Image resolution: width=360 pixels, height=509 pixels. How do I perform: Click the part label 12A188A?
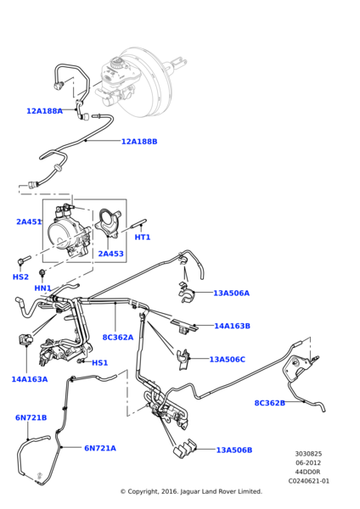point(44,111)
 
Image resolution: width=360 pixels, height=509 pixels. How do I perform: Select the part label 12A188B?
point(139,142)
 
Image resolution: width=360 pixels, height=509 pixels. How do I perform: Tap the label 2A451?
point(29,222)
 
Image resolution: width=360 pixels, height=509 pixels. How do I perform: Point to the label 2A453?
point(110,254)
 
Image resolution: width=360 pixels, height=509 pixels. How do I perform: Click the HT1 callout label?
point(142,238)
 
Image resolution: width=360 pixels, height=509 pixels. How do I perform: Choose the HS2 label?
point(20,277)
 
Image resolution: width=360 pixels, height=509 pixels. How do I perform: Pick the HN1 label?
point(42,288)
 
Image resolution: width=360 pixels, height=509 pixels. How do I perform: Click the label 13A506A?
point(231,294)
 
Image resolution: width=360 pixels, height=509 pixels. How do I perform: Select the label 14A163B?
point(232,326)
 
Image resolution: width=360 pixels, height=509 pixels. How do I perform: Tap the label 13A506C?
point(227,360)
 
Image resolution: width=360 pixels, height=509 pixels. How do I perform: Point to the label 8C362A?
point(118,337)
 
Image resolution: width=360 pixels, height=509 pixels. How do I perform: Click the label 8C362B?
point(270,403)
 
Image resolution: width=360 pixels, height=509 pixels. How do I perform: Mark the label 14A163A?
point(30,379)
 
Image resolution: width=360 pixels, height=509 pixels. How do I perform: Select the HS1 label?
point(100,363)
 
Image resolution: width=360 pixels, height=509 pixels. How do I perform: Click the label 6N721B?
point(31,417)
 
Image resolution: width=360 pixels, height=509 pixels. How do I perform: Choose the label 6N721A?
point(100,448)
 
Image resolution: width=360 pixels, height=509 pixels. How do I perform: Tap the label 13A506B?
point(234,450)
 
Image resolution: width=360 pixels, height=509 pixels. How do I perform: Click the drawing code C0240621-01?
point(308,481)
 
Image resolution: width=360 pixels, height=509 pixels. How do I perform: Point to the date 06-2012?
point(308,462)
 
